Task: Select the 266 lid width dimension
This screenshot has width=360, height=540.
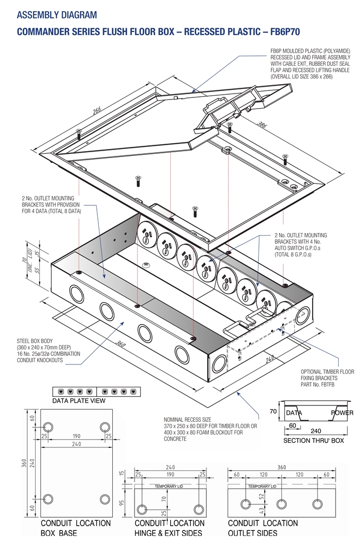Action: tap(97, 111)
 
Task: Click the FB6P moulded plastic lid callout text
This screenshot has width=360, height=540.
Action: tap(311, 64)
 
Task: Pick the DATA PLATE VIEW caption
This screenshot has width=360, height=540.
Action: tap(78, 400)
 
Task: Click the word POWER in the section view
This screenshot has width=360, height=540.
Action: tap(342, 413)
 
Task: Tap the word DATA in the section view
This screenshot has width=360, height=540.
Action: tap(294, 413)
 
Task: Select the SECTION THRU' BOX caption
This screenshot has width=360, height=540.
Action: tap(313, 441)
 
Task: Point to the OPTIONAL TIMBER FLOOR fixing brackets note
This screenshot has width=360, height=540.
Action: tap(327, 378)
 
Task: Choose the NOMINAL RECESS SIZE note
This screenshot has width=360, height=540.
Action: tap(210, 429)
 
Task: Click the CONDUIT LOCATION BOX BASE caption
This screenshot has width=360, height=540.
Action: tap(76, 528)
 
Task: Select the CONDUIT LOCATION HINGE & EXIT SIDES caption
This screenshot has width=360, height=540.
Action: tap(169, 528)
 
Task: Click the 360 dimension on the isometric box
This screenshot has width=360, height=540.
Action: tap(121, 344)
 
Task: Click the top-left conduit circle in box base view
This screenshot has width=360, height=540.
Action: tap(48, 427)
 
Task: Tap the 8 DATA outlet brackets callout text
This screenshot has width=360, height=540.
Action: tap(52, 205)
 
